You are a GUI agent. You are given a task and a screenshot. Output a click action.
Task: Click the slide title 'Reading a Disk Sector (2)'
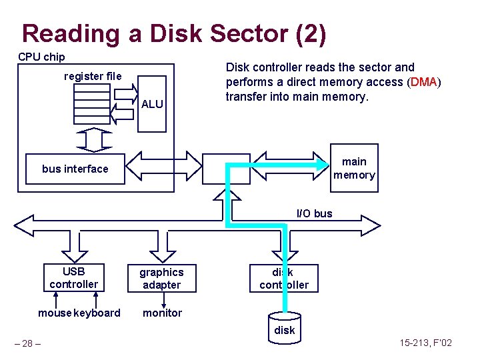(x=174, y=33)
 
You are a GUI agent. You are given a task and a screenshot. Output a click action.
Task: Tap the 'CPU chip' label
(x=41, y=57)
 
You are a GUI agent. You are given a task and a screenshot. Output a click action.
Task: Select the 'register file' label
(x=93, y=76)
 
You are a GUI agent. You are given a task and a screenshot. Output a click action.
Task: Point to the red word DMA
(x=424, y=81)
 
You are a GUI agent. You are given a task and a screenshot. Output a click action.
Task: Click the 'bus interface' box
(x=75, y=169)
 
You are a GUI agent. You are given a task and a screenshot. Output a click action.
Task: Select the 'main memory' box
(x=354, y=168)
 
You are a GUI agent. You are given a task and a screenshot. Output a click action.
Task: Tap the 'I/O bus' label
(x=314, y=213)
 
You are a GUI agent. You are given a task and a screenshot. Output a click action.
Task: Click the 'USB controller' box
(x=73, y=278)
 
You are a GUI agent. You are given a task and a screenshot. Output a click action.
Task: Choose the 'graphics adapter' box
(x=161, y=278)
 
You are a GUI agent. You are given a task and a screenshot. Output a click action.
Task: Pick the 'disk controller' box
(x=284, y=278)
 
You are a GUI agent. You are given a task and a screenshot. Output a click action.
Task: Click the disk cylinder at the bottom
(x=284, y=328)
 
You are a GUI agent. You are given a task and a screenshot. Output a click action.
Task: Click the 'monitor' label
(x=162, y=313)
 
